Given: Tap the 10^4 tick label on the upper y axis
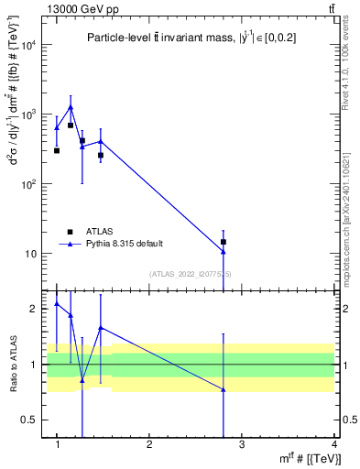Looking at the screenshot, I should click(28, 46).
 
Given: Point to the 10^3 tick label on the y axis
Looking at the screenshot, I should click(28, 115).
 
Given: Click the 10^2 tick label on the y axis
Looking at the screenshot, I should click(28, 184).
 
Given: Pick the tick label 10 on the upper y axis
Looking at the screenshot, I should click(31, 254).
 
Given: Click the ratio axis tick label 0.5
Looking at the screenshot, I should click(30, 420).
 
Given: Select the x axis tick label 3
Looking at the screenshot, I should click(241, 444).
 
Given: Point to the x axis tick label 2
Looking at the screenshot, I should click(149, 444).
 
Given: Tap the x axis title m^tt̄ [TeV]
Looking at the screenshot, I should click(311, 458).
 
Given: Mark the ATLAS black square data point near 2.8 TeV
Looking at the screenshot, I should click(224, 242).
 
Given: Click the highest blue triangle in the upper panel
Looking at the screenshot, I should click(71, 107).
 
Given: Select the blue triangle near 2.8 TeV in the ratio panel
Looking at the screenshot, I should click(224, 390).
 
